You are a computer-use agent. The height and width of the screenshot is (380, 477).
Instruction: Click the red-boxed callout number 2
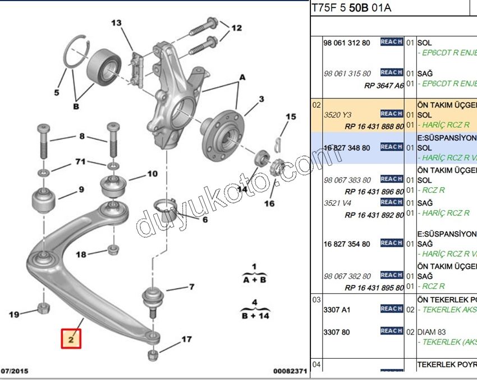(71, 339)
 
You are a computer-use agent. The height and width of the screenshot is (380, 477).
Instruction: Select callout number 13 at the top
(116, 23)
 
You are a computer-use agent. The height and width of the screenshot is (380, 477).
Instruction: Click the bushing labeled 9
(43, 200)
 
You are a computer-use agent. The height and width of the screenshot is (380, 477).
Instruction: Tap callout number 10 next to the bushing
(153, 174)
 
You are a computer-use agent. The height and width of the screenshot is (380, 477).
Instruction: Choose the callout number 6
(205, 220)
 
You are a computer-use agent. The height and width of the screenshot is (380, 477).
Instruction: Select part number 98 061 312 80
(347, 43)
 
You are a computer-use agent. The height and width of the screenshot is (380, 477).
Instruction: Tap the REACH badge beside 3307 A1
(391, 309)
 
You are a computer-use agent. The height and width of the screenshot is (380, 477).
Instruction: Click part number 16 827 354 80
(346, 244)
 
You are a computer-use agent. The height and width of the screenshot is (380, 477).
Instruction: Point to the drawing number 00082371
(290, 372)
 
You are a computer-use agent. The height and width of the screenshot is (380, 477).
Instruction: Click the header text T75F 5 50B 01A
(351, 8)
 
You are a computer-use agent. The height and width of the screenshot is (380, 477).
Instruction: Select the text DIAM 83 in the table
(432, 332)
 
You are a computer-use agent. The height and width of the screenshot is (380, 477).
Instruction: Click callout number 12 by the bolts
(236, 28)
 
